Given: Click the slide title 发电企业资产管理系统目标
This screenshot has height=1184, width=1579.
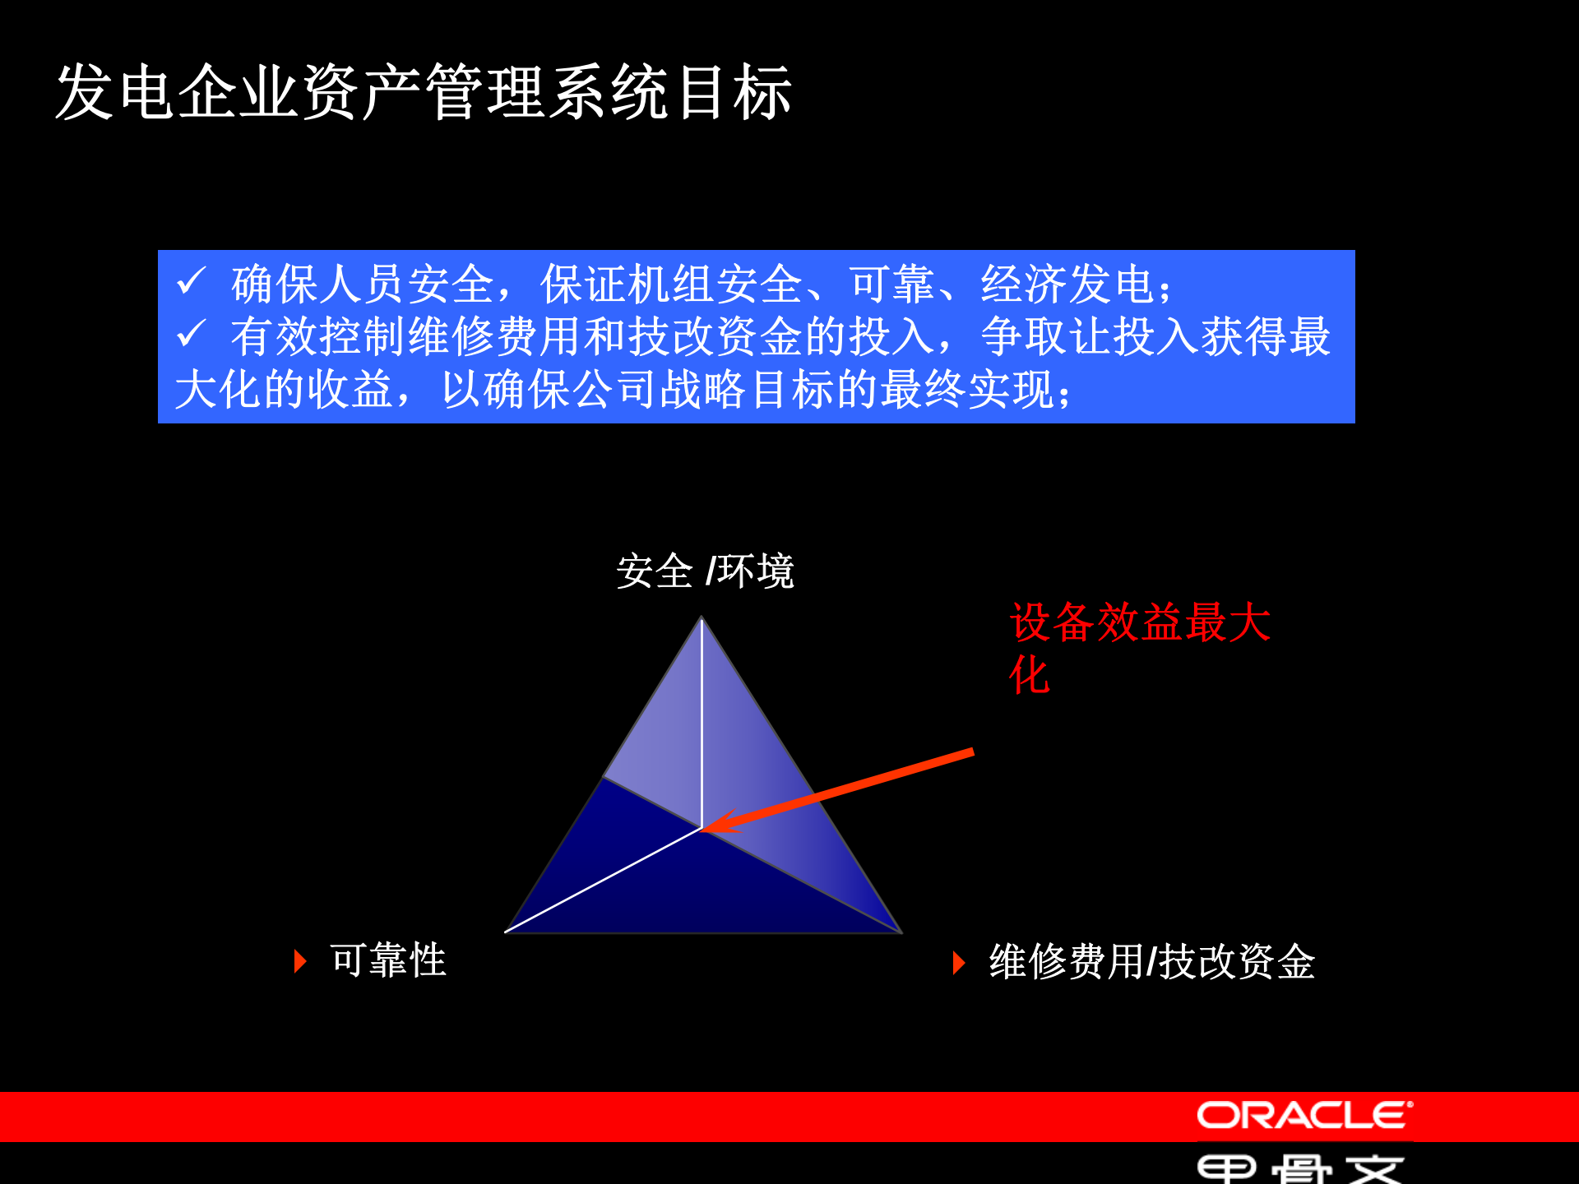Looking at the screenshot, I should (x=424, y=92).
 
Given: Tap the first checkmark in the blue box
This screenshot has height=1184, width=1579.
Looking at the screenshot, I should (x=191, y=282).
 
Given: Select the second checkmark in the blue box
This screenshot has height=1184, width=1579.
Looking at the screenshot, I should (x=191, y=334).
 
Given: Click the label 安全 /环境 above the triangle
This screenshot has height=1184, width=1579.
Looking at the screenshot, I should (x=705, y=571).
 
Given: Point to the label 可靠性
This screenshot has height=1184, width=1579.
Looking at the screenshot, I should (x=388, y=960).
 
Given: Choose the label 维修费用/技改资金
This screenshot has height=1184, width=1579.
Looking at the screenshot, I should (x=1152, y=961).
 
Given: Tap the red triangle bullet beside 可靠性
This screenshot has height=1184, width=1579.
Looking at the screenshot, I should (x=300, y=961).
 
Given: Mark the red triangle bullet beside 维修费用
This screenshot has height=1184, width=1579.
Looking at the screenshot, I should (x=958, y=962).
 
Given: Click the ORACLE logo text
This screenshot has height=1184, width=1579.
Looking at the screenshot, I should (x=1304, y=1116).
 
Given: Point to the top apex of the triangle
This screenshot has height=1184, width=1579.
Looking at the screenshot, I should (x=702, y=618).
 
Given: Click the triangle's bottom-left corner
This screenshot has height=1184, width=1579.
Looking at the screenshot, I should (x=507, y=931).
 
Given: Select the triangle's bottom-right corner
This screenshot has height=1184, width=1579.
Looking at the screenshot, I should (x=900, y=931).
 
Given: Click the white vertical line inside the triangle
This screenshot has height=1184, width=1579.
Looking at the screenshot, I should (x=702, y=724).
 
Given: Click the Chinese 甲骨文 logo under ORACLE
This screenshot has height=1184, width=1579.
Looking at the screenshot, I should (x=1299, y=1168).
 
